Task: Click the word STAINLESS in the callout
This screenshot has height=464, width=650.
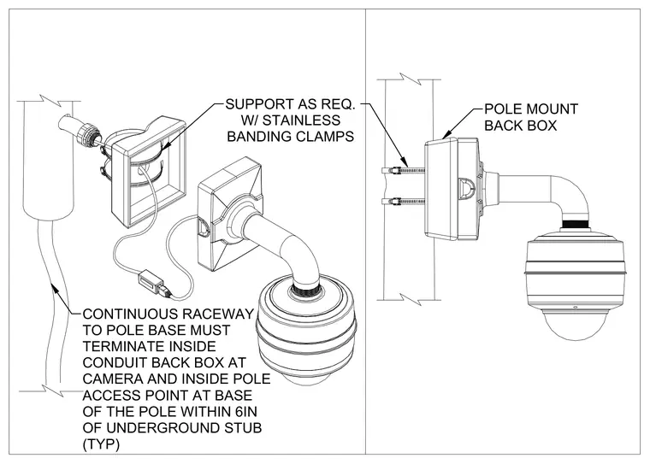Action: click(x=302, y=120)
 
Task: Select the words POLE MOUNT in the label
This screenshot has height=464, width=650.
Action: click(x=531, y=109)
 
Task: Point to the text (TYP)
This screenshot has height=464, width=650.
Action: click(x=101, y=444)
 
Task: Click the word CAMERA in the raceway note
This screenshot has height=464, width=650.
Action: click(x=112, y=379)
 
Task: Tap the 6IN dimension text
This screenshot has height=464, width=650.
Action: click(x=247, y=411)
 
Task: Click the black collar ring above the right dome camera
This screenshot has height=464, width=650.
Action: click(x=575, y=225)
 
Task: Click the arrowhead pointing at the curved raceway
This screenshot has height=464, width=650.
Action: click(x=54, y=287)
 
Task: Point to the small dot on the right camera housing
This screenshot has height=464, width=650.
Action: click(x=575, y=308)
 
